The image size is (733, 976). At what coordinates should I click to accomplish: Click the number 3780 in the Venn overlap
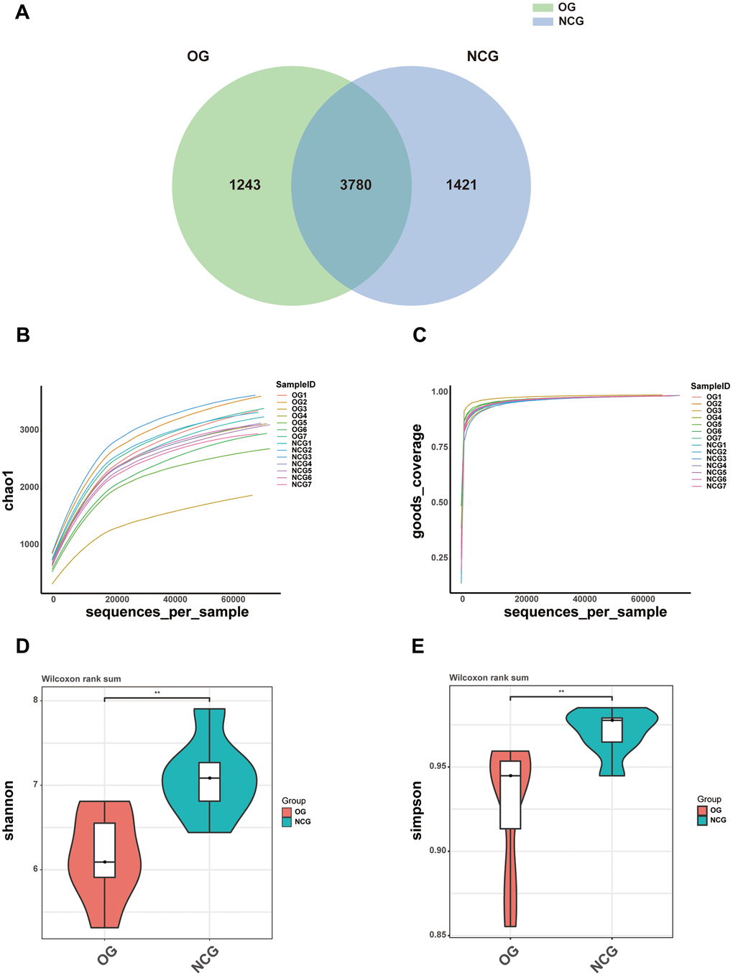coord(356,185)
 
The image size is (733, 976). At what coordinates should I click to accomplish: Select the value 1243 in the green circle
coord(244,185)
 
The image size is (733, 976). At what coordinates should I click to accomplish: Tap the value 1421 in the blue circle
coord(461,185)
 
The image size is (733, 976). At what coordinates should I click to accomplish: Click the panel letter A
coord(22,12)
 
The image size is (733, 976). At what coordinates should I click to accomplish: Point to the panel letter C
coord(419,335)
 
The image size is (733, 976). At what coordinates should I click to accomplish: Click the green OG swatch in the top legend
coord(543,7)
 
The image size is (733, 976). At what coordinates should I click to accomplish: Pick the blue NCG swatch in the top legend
coord(543,22)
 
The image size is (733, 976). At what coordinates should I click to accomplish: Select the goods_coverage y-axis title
coord(418,481)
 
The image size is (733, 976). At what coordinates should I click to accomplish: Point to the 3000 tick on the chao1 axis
coord(29,430)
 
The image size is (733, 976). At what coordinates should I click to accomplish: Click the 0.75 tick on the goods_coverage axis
coord(439,447)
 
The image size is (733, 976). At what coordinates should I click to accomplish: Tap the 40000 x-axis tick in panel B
coord(175,599)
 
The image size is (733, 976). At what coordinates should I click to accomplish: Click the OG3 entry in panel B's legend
coord(299,409)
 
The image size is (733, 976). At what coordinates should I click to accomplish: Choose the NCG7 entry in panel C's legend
coord(716,487)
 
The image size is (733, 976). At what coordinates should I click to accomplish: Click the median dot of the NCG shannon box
coord(209,778)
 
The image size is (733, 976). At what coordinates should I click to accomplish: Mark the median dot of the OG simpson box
coord(510,775)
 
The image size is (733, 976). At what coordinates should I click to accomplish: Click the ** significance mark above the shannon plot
coord(157,693)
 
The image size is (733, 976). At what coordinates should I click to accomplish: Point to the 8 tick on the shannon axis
coord(35,700)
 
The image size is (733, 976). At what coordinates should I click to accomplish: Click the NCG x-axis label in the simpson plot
coord(605,959)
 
